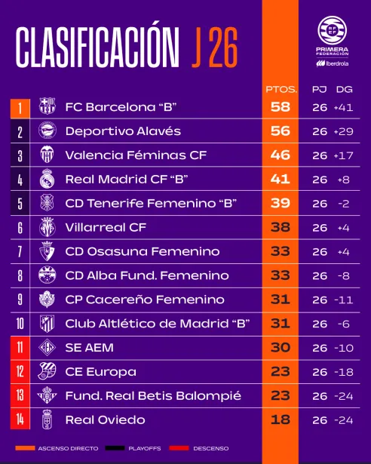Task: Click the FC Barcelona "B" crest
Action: [x=48, y=106]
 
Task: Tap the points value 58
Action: [x=281, y=107]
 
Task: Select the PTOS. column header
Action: [x=281, y=89]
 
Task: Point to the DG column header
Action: [x=344, y=89]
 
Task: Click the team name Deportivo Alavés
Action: [x=123, y=131]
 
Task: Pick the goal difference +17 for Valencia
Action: [x=343, y=155]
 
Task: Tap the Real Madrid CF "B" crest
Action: [x=47, y=179]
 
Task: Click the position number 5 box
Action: [x=20, y=203]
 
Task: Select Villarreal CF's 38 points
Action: [x=281, y=227]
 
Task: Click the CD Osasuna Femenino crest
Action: [x=47, y=251]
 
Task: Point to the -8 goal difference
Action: [x=344, y=276]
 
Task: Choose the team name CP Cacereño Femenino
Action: [x=145, y=300]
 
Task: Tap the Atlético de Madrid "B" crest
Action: [x=47, y=324]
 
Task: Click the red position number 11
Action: [x=20, y=348]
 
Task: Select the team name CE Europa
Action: [x=100, y=372]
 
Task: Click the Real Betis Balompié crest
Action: [x=47, y=395]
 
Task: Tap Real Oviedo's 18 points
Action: [x=281, y=419]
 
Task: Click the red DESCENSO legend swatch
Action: [x=179, y=448]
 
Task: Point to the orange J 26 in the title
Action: [x=215, y=48]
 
